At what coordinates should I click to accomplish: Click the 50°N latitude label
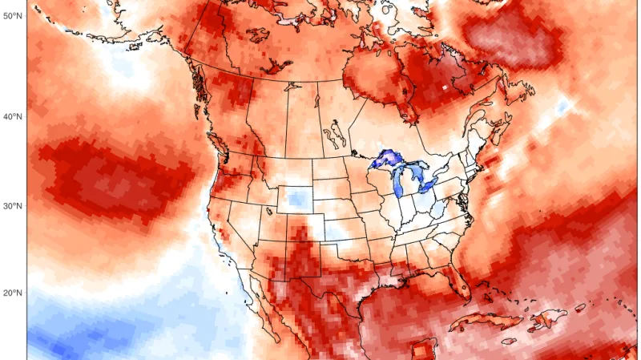[12, 16]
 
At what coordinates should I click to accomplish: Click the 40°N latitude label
[12, 117]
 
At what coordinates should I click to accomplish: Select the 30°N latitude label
[12, 206]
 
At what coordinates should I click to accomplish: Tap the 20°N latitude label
[12, 293]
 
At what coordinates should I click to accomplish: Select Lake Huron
[417, 171]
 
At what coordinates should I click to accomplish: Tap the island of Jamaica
[510, 340]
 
